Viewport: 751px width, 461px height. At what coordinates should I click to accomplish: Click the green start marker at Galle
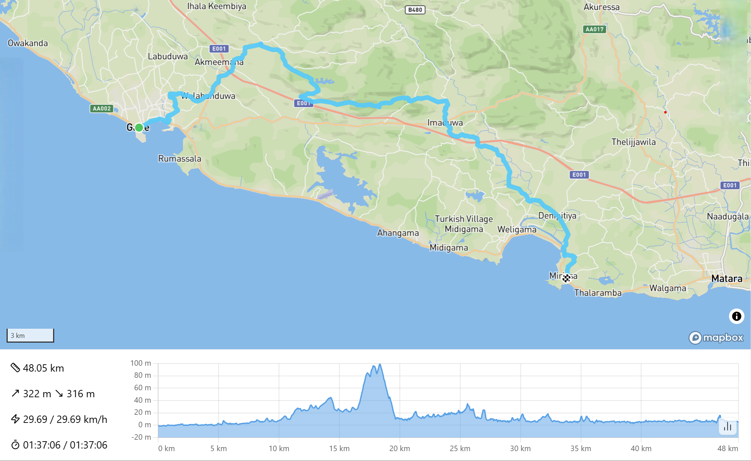click(x=139, y=128)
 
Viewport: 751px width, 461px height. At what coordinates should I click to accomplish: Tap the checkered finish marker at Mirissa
click(x=566, y=279)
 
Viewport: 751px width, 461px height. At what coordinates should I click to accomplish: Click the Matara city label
click(x=726, y=279)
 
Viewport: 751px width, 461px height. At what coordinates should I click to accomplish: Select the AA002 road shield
click(x=101, y=108)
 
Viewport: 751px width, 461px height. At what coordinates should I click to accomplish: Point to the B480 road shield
click(x=415, y=10)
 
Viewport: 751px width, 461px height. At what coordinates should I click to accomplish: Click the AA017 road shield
click(x=594, y=29)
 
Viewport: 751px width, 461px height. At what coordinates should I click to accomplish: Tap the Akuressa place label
click(x=601, y=7)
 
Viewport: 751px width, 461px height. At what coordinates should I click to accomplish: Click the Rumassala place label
click(x=179, y=159)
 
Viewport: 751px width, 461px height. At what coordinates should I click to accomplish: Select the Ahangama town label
click(x=398, y=233)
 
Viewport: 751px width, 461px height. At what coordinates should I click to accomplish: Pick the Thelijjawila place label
click(x=633, y=142)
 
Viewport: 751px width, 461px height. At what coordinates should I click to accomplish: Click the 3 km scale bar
click(x=30, y=336)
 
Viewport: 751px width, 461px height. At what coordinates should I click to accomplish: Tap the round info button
click(x=736, y=316)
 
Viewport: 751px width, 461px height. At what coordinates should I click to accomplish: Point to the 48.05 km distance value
click(x=43, y=368)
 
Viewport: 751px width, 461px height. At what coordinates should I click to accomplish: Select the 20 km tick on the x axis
click(x=399, y=449)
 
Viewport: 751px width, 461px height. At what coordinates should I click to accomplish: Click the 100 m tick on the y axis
click(x=141, y=363)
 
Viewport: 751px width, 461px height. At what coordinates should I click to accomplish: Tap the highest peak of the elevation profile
click(x=380, y=364)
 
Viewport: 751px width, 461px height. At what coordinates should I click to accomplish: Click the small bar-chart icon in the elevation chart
click(x=727, y=427)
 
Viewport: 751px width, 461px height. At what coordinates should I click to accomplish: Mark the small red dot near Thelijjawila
click(x=665, y=112)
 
